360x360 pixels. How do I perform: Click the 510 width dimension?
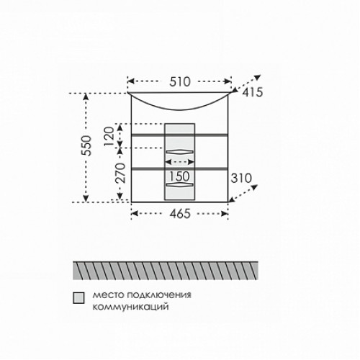click(180, 82)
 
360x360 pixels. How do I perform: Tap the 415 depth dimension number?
click(252, 92)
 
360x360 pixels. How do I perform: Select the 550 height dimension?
click(86, 145)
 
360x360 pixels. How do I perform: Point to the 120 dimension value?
click(109, 136)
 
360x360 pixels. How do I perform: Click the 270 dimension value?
click(120, 173)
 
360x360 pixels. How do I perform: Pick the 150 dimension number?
click(179, 176)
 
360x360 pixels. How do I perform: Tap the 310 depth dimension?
click(241, 178)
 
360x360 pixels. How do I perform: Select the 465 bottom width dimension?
click(180, 214)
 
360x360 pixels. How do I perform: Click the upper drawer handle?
click(180, 152)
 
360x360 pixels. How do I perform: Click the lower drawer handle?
click(180, 184)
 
